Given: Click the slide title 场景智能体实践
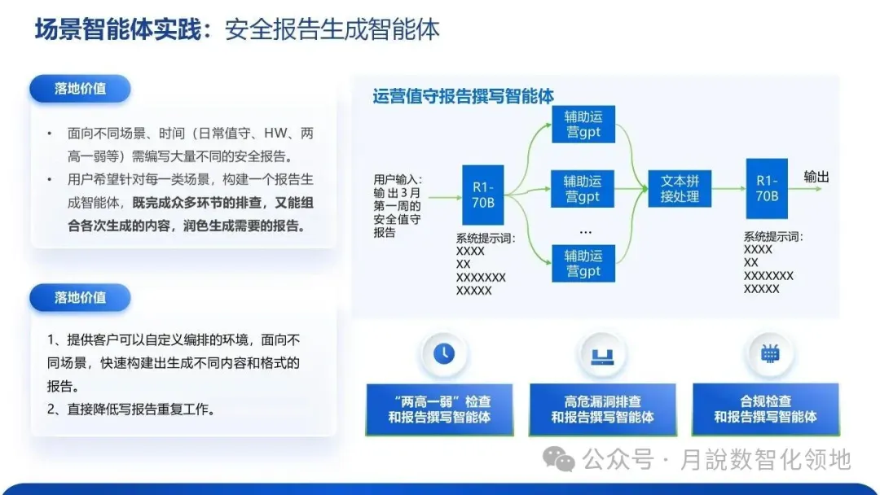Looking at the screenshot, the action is [x=122, y=29].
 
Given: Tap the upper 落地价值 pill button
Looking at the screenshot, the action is [x=80, y=89].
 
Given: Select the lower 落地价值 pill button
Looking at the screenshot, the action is [x=80, y=297].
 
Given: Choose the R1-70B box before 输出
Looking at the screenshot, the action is [x=767, y=188].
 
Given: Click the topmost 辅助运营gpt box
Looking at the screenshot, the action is [x=583, y=124].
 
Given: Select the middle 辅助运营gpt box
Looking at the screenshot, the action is [x=583, y=189].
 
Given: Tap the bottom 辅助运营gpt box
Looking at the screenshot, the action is [x=583, y=263].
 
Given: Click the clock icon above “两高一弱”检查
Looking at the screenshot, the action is [x=444, y=353].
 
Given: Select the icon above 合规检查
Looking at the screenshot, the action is [x=769, y=353].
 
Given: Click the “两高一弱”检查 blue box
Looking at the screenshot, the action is [x=440, y=410].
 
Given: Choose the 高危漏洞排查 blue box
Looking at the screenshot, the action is [x=602, y=410].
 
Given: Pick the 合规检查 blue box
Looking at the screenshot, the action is [x=765, y=410].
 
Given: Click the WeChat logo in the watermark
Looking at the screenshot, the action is [x=560, y=460].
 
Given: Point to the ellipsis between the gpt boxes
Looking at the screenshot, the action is [x=584, y=230].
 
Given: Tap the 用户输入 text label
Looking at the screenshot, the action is [x=398, y=179].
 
